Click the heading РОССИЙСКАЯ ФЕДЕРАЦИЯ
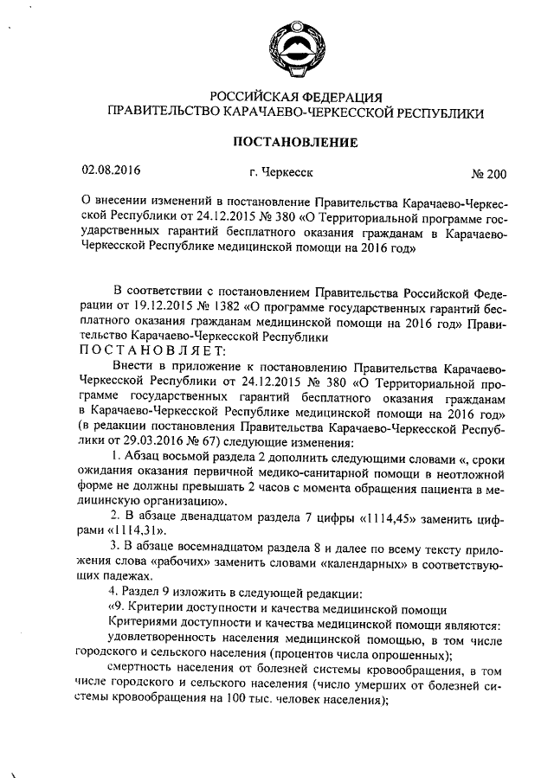(295, 96)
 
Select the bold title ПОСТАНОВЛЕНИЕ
(295, 141)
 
